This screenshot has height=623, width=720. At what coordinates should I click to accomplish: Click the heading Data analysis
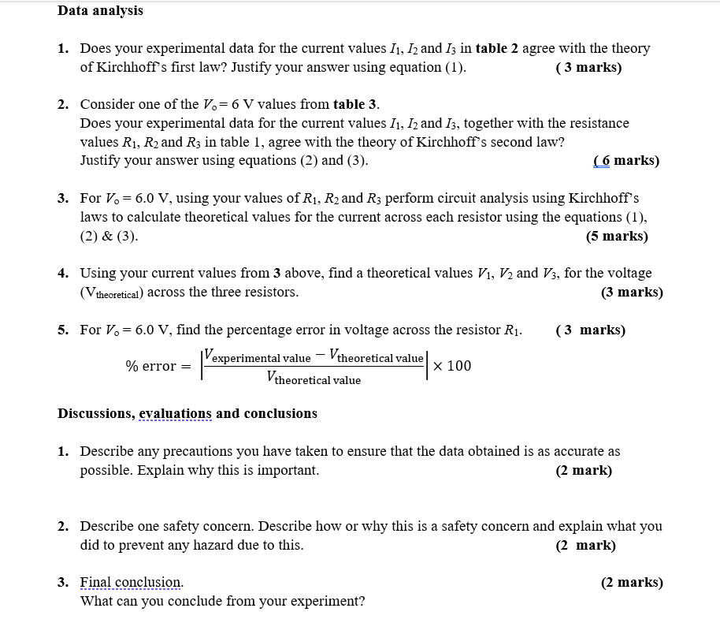[x=100, y=11]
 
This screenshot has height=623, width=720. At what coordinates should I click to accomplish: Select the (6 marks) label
[x=625, y=161]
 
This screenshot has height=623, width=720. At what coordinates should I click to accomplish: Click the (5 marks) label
[x=617, y=236]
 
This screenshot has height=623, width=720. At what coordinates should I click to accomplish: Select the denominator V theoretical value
[x=314, y=379]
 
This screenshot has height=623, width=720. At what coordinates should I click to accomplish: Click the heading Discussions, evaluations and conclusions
[x=187, y=413]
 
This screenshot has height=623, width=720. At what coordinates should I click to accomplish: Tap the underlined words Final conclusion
[x=132, y=583]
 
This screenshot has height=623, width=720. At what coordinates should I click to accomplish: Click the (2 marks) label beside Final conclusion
[x=632, y=583]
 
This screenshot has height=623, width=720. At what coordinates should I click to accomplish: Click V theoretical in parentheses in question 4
[x=112, y=293]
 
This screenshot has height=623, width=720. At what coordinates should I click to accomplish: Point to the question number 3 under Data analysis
[x=62, y=198]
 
